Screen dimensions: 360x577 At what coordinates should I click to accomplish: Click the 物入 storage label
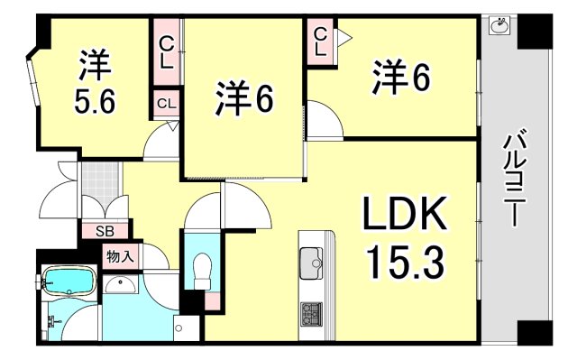tap(120, 256)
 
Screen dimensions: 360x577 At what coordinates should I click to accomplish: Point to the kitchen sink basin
tap(316, 264)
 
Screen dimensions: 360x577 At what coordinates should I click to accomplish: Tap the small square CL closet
tap(166, 104)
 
